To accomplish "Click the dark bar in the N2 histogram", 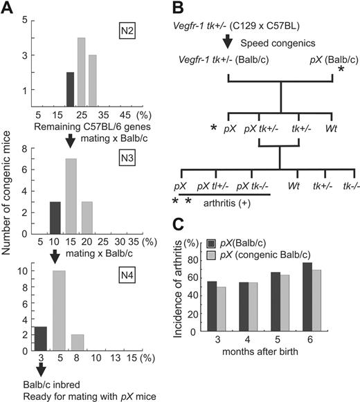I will tap(69, 88).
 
